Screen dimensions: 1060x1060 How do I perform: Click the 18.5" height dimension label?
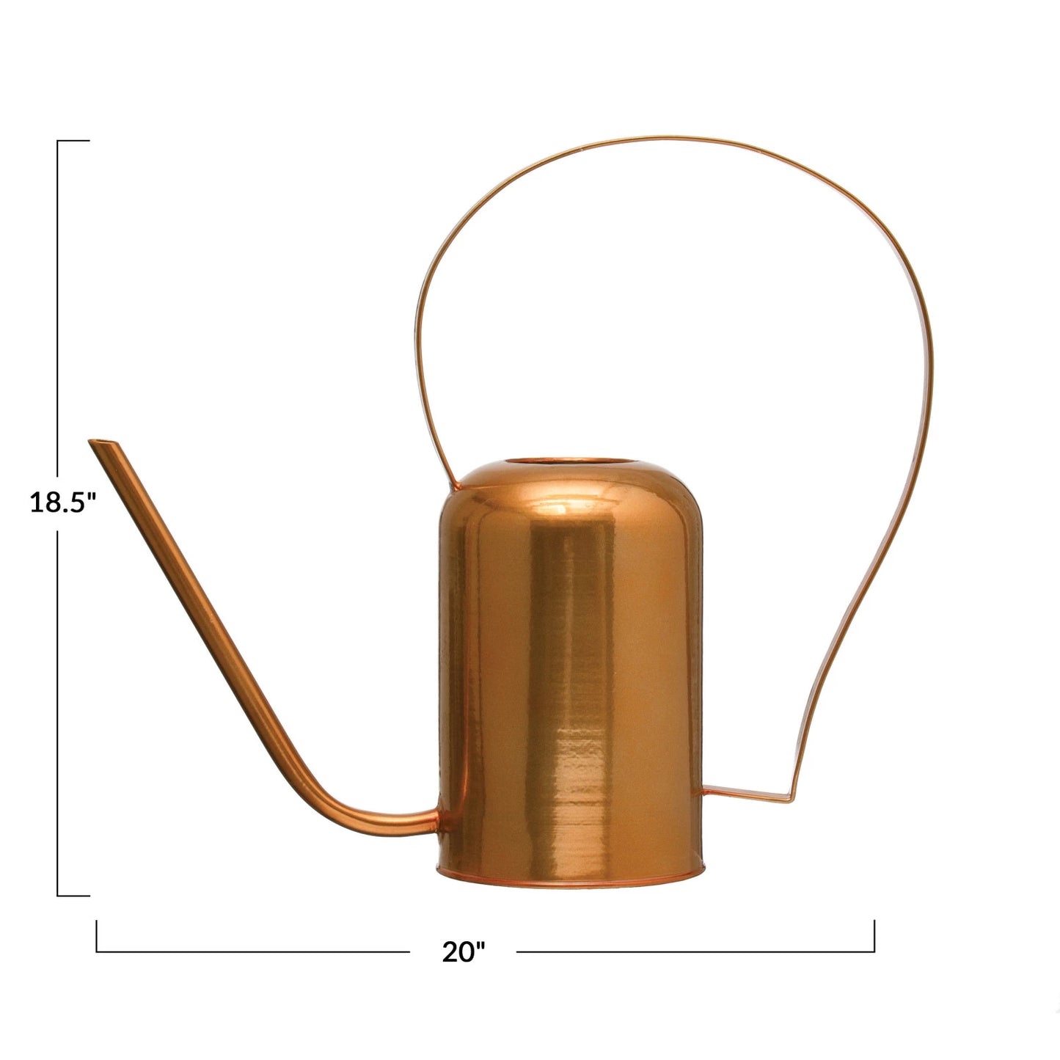(63, 502)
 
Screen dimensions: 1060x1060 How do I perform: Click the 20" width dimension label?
(464, 951)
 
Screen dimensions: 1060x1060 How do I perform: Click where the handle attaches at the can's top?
(456, 483)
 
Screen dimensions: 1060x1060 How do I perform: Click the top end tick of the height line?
(73, 140)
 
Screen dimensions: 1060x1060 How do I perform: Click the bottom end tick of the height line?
(73, 895)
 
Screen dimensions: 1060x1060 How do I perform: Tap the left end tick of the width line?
(97, 935)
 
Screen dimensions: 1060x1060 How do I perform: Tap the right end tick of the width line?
(874, 935)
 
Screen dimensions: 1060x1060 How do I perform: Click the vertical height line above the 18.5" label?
(58, 308)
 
